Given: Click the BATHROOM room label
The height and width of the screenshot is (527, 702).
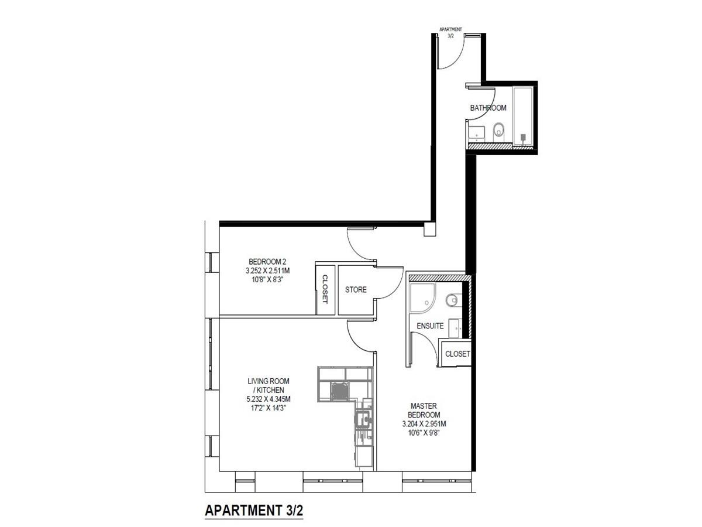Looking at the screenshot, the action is [x=488, y=108].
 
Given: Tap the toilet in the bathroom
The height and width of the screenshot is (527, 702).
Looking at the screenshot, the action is [x=498, y=132].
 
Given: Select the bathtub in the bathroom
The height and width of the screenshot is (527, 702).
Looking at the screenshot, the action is [x=522, y=117].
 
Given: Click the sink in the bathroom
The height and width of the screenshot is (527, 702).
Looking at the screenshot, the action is [x=477, y=134].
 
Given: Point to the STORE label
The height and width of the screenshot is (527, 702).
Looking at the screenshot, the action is [x=356, y=290].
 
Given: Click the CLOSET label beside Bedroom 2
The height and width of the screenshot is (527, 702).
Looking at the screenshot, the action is [x=325, y=289].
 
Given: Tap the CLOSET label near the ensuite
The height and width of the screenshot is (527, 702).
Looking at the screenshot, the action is [x=457, y=354].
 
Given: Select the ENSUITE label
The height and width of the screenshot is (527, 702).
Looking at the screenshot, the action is [x=430, y=326].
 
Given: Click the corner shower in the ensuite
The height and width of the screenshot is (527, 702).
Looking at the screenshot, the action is [x=422, y=298].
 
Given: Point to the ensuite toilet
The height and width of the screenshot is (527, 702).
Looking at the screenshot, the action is [x=453, y=300].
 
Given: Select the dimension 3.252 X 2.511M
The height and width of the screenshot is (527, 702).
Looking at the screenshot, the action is [x=267, y=271].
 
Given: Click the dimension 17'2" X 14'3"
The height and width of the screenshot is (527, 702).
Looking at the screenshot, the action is [x=266, y=408].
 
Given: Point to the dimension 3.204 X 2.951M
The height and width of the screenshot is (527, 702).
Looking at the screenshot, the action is [x=424, y=424].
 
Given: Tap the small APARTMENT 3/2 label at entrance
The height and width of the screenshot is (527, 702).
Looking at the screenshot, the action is [x=450, y=33].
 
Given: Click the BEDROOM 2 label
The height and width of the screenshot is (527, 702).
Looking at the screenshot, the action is [x=267, y=262].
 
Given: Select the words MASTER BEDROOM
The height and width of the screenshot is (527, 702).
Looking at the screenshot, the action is [x=424, y=410].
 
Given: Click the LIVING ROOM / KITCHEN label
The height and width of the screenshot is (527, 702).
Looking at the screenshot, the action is [x=268, y=385].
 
